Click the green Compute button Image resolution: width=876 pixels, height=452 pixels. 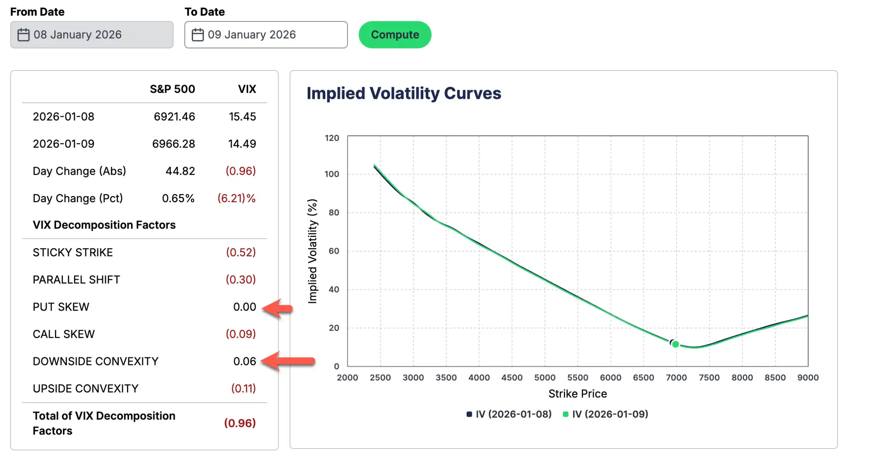(x=395, y=35)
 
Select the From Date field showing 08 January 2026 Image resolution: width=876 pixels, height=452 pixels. (x=92, y=35)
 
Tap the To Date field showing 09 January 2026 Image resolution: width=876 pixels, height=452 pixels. (x=266, y=35)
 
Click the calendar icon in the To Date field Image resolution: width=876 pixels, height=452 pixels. (x=197, y=35)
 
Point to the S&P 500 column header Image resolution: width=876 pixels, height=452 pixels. (x=172, y=89)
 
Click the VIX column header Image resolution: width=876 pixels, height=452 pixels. (x=247, y=89)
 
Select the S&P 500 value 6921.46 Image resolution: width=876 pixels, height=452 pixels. (x=175, y=116)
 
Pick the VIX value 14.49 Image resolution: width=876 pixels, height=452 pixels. (x=242, y=144)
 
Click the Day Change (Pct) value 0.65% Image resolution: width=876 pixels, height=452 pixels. (x=178, y=198)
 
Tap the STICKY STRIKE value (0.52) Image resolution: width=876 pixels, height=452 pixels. (x=241, y=252)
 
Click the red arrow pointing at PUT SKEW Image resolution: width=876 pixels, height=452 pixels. (x=278, y=308)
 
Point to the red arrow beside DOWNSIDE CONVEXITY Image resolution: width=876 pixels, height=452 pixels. (x=288, y=361)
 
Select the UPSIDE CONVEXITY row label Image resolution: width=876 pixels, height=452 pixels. (x=86, y=388)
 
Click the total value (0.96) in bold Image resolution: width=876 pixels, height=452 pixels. (x=240, y=423)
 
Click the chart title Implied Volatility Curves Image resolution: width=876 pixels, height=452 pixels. (x=404, y=93)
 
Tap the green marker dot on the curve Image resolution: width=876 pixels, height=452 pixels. (x=675, y=344)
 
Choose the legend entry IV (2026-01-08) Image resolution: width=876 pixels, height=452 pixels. (x=509, y=414)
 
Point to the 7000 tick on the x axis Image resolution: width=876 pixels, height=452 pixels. (x=676, y=377)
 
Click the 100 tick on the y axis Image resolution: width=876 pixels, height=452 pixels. (x=332, y=174)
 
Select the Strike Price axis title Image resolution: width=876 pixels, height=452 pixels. (x=578, y=393)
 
